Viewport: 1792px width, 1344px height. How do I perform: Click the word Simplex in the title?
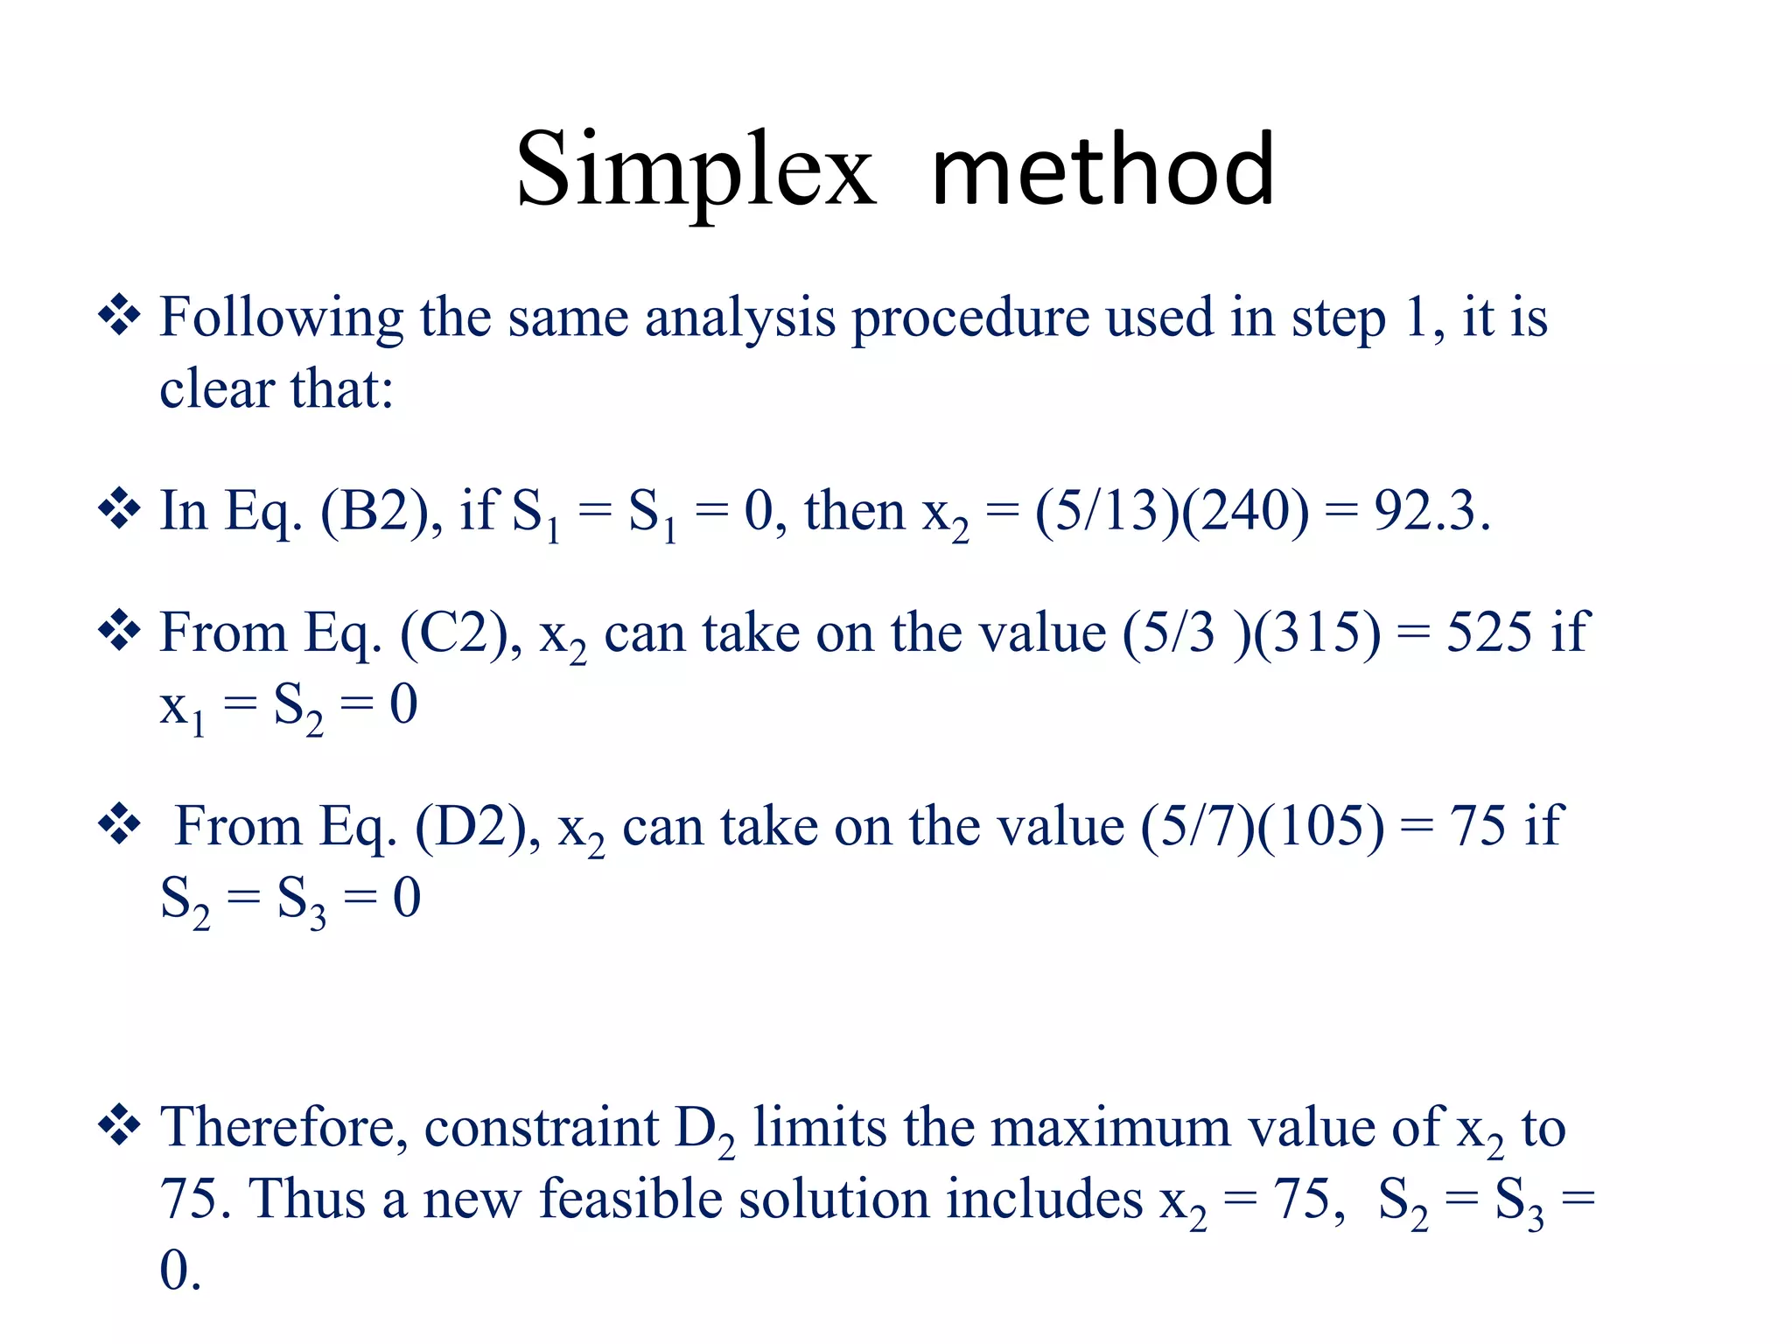point(696,171)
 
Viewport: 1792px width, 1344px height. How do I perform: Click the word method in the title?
point(1103,171)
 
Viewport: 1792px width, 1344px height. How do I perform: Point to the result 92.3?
point(1431,512)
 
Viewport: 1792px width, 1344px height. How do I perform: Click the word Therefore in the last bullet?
point(283,1128)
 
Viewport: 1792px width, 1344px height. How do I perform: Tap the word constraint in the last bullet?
point(541,1128)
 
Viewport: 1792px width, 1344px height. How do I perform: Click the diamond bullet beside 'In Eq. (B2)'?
point(119,510)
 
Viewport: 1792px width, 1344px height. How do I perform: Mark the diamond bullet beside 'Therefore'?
point(119,1126)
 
